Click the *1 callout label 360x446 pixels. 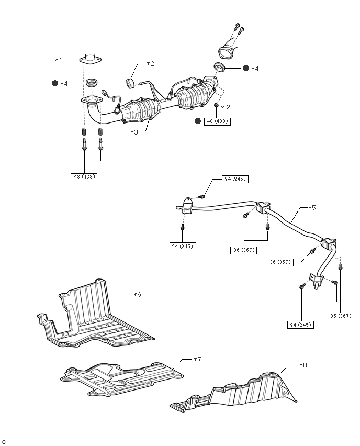coord(59,60)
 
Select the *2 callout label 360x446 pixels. coord(151,64)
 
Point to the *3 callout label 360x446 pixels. coord(134,132)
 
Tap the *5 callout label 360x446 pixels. coord(311,207)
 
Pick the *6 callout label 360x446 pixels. coord(137,294)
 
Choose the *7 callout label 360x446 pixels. coord(197,359)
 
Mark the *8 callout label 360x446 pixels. coord(303,365)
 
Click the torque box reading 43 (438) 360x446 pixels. coord(84,177)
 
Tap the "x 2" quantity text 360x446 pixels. coord(226,107)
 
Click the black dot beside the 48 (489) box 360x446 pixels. coord(198,121)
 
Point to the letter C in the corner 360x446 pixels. coord(4,441)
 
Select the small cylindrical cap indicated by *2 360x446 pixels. coord(131,83)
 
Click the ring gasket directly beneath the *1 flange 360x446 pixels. coord(93,83)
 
